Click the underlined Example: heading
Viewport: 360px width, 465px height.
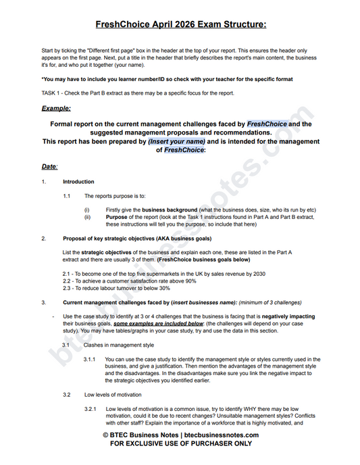pos(56,108)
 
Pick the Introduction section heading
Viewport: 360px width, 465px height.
pos(78,182)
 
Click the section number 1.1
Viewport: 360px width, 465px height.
pos(67,196)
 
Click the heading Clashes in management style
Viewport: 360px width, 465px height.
pos(115,345)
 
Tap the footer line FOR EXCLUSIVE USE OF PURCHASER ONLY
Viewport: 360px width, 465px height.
pos(180,444)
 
